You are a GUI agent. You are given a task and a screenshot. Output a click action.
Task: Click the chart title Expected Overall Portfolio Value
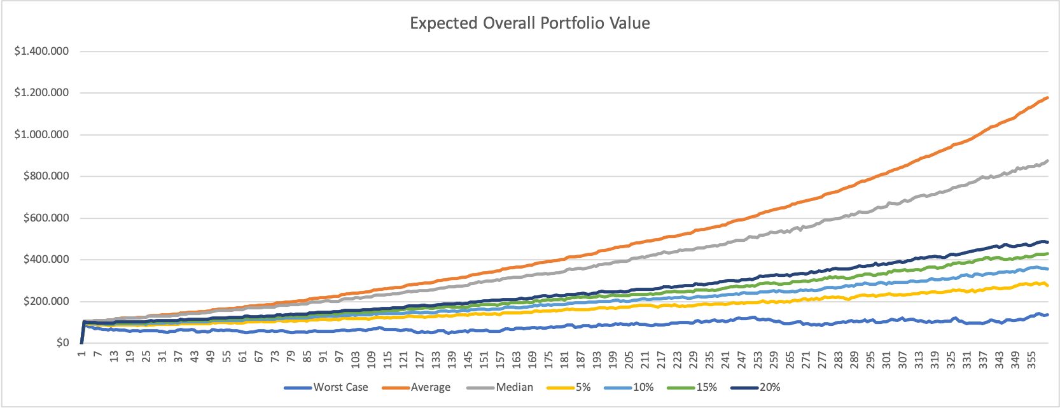(529, 24)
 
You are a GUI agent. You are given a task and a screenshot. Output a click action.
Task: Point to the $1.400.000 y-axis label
(41, 51)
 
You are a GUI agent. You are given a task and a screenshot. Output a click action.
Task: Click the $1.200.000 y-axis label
(41, 93)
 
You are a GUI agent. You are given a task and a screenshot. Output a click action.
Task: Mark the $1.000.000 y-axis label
(41, 134)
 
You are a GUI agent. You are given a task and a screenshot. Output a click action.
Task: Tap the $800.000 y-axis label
(46, 176)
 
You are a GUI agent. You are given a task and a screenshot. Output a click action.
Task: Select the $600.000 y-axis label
(46, 218)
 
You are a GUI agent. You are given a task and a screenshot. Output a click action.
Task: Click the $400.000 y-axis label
(46, 260)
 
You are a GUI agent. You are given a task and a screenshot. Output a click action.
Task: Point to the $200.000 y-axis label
(46, 301)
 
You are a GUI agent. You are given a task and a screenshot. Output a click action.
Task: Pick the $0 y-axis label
(62, 343)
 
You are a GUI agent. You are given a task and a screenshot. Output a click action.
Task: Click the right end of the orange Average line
(1047, 97)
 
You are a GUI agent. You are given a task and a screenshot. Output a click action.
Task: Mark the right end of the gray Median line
(1047, 160)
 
